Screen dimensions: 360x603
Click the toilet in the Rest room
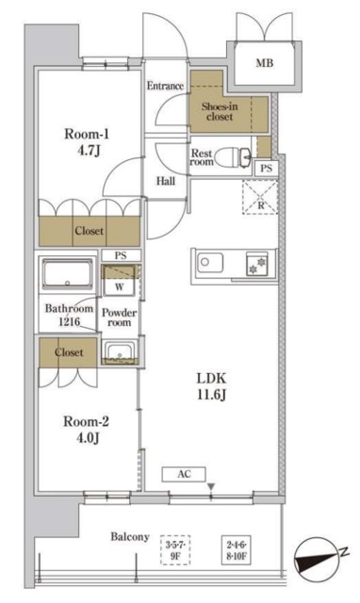pos(233,157)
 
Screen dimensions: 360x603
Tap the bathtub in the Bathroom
pos(68,274)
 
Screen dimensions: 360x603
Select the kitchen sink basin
pos(210,264)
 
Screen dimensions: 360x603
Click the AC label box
pos(184,474)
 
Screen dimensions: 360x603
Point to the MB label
pos(265,63)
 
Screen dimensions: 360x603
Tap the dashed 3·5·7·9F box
pos(175,550)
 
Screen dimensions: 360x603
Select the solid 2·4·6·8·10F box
pos(237,550)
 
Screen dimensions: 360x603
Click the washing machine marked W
pos(119,280)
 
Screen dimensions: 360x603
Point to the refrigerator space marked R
pos(260,198)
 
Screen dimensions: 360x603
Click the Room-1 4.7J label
pos(87,142)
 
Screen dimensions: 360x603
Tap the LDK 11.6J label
pos(211,386)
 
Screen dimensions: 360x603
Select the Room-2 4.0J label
pos(86,430)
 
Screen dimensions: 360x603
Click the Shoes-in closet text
pos(220,111)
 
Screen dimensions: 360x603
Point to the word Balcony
pos(130,536)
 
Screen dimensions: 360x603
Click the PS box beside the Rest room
pos(266,168)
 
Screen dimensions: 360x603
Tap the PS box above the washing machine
pos(121,255)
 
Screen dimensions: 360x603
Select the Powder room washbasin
pos(120,351)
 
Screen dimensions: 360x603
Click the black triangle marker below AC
pos(211,487)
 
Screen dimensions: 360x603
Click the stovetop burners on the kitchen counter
pos(257,265)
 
